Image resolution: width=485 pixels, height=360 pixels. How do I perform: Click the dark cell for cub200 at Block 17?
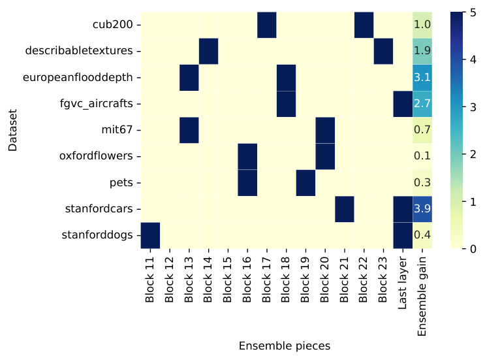(266, 25)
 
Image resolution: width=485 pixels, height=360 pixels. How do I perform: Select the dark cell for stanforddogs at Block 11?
(150, 235)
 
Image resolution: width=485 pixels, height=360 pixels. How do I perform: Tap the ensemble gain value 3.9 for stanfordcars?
(422, 209)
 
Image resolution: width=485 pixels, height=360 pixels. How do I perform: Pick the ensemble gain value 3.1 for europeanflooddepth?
(422, 77)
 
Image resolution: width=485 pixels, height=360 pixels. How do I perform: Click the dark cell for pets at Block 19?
(305, 183)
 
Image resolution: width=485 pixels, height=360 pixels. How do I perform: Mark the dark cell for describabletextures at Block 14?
(208, 52)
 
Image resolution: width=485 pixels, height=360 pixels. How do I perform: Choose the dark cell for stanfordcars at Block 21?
(345, 209)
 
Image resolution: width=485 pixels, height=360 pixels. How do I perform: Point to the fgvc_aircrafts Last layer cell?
(403, 104)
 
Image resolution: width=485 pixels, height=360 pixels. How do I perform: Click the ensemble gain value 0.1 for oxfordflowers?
(422, 155)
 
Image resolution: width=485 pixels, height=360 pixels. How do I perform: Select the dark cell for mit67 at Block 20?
(325, 130)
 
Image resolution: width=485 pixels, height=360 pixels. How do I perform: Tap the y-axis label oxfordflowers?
(96, 155)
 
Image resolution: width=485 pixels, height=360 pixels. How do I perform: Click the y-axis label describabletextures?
(79, 50)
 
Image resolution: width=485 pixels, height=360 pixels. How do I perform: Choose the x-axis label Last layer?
(402, 283)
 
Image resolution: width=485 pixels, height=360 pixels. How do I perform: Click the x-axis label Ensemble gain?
(422, 296)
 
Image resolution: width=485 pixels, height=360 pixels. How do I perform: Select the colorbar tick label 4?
(473, 59)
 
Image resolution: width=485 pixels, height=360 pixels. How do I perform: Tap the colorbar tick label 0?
(473, 248)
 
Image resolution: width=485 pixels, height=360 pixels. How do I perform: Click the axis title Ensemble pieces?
(285, 346)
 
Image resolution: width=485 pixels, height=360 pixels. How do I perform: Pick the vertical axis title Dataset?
(12, 130)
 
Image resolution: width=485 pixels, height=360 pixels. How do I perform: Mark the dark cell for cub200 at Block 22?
(364, 25)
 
